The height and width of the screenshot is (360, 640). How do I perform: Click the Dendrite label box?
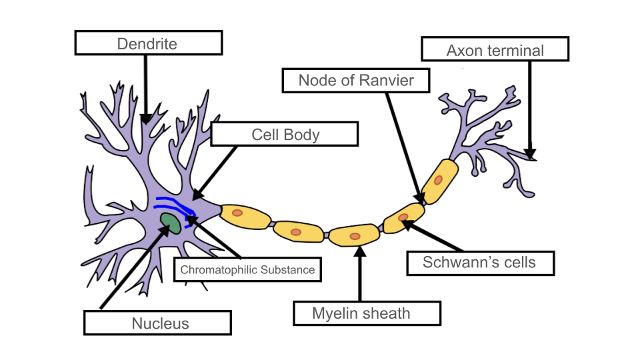147,44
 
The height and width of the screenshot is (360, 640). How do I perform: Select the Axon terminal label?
495,50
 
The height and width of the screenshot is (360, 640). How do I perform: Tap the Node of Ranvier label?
356,81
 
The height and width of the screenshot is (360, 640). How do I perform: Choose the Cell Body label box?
285,135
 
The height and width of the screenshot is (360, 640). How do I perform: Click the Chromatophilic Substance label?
247,270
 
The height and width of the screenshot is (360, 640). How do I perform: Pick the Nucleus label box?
157,323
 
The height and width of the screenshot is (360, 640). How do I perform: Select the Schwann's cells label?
479,263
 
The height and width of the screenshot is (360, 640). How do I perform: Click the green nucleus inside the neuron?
170,223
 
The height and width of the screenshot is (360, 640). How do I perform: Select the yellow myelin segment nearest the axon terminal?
439,180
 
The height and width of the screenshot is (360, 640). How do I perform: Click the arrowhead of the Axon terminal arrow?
531,155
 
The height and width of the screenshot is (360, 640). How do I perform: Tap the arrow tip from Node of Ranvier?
420,198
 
